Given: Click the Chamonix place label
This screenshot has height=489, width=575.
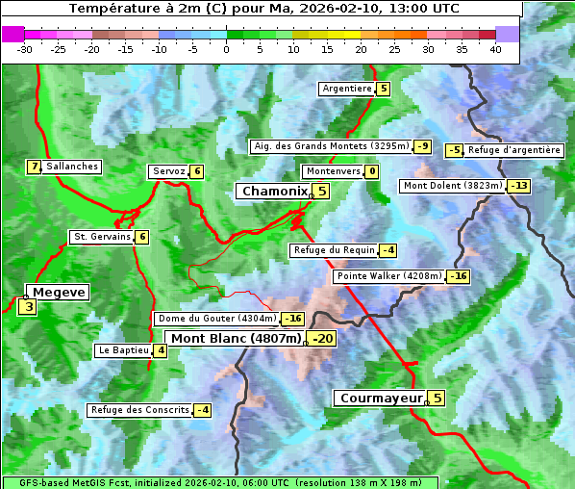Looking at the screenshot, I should tap(274, 192).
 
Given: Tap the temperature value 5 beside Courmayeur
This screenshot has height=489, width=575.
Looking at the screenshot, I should tap(437, 398).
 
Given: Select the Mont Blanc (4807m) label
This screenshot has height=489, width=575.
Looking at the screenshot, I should tap(236, 339).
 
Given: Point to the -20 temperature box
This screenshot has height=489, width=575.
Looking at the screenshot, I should tap(322, 339).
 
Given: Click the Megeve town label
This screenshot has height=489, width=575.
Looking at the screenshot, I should tap(59, 293).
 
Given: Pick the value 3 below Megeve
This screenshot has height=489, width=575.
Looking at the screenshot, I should tap(28, 308).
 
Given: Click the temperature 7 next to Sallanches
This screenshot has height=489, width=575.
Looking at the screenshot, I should tap(34, 167).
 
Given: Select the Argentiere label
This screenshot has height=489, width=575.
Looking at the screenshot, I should tap(347, 89).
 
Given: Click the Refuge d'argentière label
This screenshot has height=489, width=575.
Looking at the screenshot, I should tap(513, 150).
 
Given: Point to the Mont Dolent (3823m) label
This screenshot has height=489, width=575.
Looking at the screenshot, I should tap(452, 186).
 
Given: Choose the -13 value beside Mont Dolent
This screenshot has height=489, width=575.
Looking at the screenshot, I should tap(519, 186).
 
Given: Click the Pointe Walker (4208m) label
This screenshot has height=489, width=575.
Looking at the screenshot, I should tap(388, 276).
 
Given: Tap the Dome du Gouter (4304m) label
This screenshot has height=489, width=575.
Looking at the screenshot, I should tap(216, 319).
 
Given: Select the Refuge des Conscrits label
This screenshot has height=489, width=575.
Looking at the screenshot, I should tap(139, 410).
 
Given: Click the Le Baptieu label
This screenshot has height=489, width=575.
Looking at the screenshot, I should tap(123, 350).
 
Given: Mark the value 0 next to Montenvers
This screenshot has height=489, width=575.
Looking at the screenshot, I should tap(371, 171).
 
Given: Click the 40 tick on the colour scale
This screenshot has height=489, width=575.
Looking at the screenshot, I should tap(495, 49).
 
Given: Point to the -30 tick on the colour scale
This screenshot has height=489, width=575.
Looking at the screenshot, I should tap(25, 49).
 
